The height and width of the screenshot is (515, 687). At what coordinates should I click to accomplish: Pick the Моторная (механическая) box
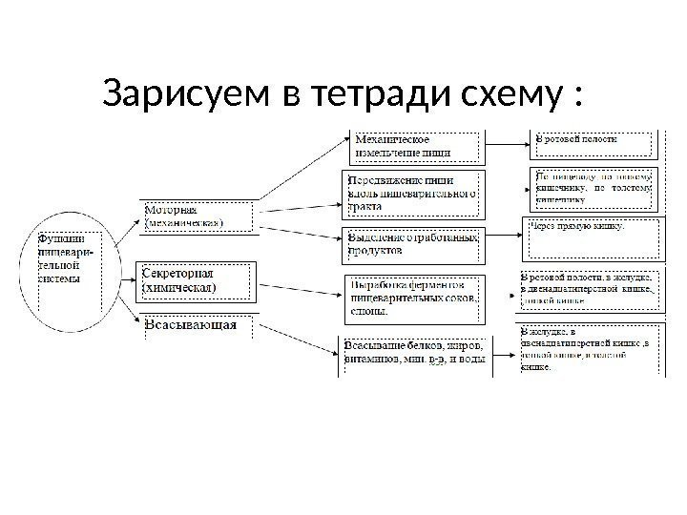click(x=198, y=216)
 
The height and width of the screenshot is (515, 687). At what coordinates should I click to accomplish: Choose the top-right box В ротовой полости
click(x=592, y=142)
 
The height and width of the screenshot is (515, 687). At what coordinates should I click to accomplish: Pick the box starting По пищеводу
click(x=592, y=188)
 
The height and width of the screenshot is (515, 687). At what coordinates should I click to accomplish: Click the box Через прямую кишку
click(x=592, y=238)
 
